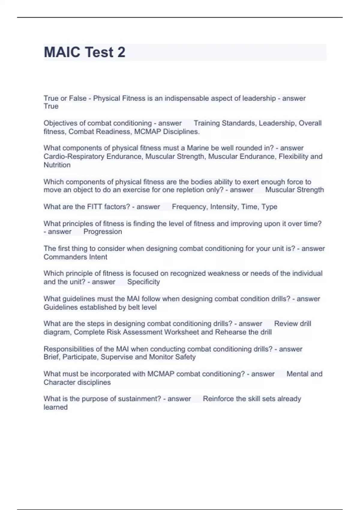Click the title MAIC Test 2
85,52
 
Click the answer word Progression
103,232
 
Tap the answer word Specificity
143,282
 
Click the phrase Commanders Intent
75,257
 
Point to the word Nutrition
57,165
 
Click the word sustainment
139,399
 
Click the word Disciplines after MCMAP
181,131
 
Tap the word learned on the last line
55,407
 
